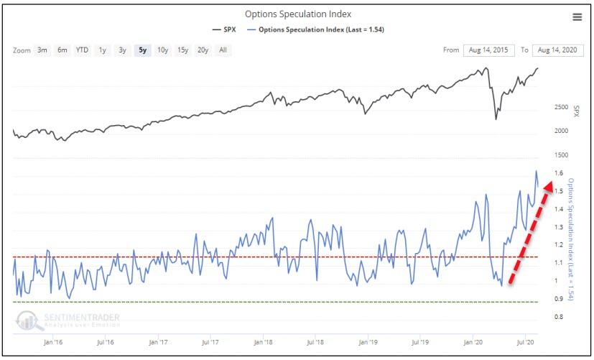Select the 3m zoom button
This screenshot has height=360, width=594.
(42, 50)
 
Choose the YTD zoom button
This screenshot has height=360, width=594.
(83, 50)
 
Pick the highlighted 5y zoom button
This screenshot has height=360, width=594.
(143, 50)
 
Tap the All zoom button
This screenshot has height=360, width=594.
(223, 50)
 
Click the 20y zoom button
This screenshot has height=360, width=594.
(203, 50)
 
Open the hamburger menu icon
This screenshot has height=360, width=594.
(577, 17)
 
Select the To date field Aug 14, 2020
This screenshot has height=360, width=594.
(557, 50)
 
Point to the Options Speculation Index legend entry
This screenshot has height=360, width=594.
(314, 29)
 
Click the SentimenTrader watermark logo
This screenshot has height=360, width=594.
(68, 319)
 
